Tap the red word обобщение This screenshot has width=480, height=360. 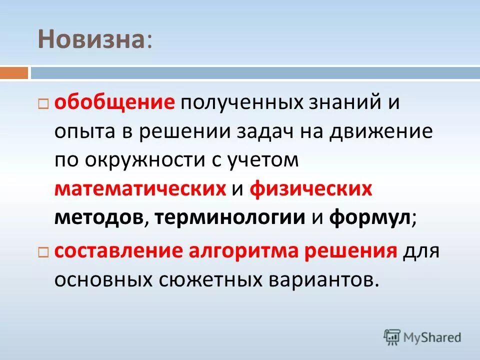[x=114, y=104]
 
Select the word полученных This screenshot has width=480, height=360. [x=241, y=104]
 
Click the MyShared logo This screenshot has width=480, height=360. [x=422, y=336]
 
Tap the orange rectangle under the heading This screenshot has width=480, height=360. [x=14, y=73]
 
